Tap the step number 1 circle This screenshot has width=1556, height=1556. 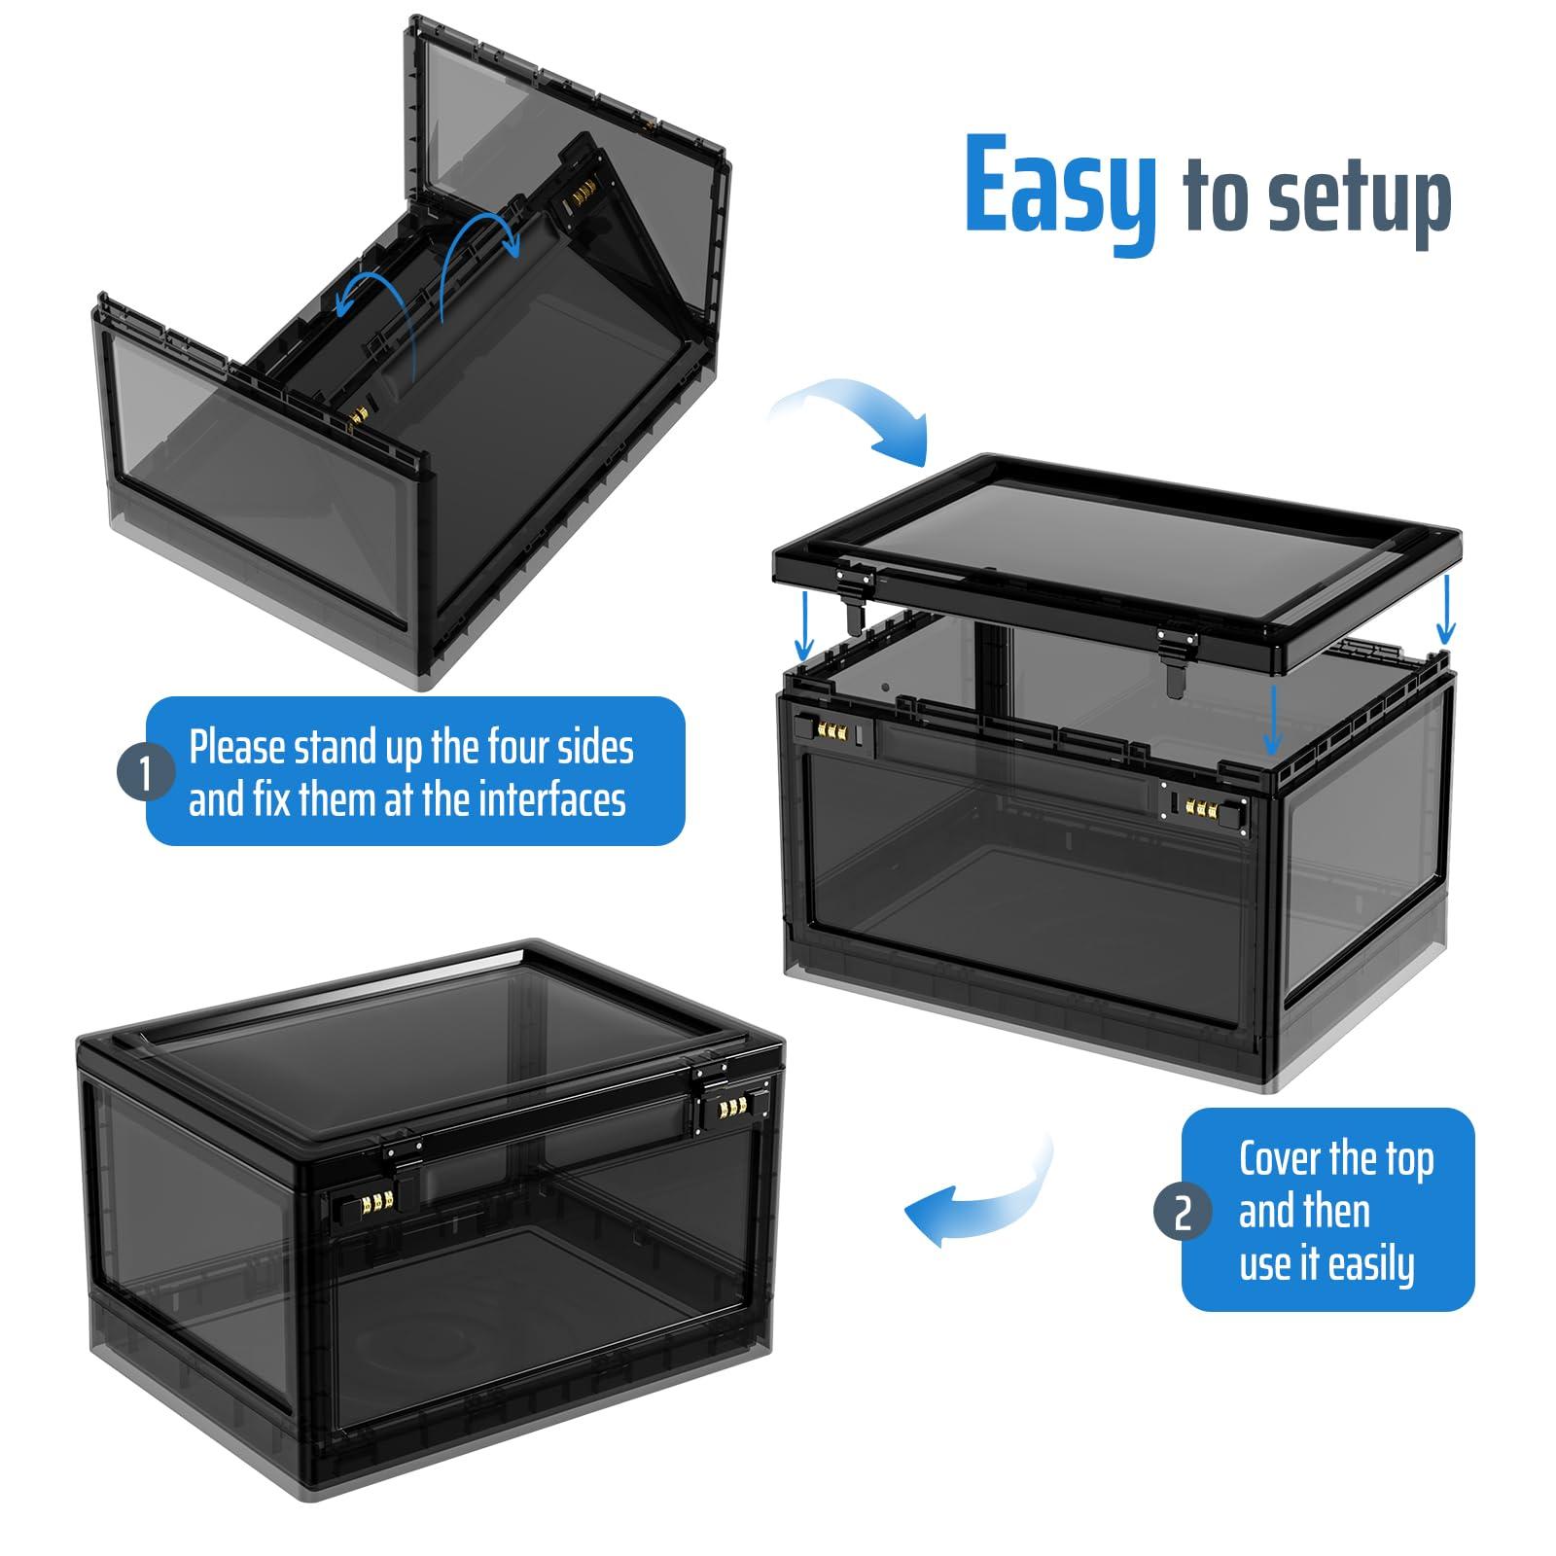146,774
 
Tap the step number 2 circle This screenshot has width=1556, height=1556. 1183,1212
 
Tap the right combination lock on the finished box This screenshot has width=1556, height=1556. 732,1110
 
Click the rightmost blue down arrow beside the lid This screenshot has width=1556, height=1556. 1446,608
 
